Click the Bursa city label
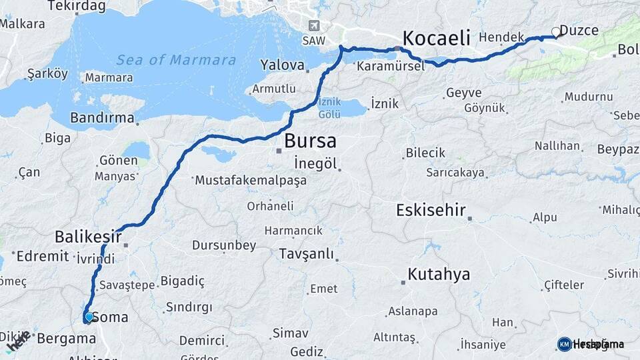(x=310, y=141)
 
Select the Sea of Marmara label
(x=176, y=60)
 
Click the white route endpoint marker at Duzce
(x=556, y=31)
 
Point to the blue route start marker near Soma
(x=89, y=317)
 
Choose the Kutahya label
(x=439, y=274)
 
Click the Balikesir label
(x=88, y=237)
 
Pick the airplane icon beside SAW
(x=314, y=26)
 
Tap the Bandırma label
(x=102, y=120)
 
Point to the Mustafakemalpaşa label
(x=250, y=180)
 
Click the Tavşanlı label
(x=307, y=254)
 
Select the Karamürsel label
(x=390, y=67)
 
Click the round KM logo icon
(x=564, y=344)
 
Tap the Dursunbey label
(x=224, y=245)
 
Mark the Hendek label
(x=499, y=37)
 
